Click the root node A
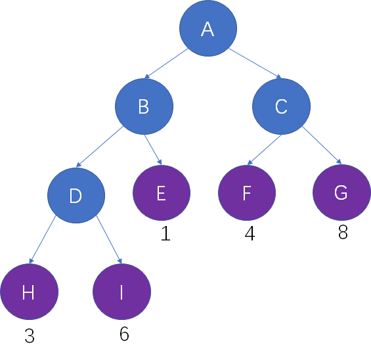208,28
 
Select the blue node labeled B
144,106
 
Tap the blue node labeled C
281,106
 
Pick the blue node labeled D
76,195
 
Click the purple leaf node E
162,192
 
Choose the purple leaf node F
247,192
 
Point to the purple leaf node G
341,192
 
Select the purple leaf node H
30,292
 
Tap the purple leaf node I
121,292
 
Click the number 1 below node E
166,234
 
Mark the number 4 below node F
250,233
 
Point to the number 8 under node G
343,232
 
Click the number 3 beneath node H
30,336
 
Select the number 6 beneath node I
124,334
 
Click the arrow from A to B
166,64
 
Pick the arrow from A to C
255,64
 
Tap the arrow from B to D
100,146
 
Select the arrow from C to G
322,145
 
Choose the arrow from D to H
42,240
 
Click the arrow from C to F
264,150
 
